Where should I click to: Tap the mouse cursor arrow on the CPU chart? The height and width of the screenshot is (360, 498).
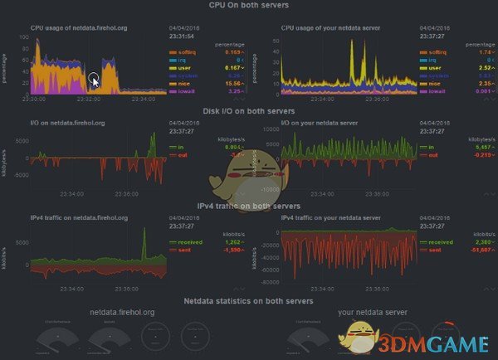tap(94, 80)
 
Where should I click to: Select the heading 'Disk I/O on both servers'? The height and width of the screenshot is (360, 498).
tap(248, 111)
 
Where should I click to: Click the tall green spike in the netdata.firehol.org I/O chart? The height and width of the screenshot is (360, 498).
tap(153, 139)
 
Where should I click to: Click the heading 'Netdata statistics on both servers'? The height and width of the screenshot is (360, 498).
tap(248, 300)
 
